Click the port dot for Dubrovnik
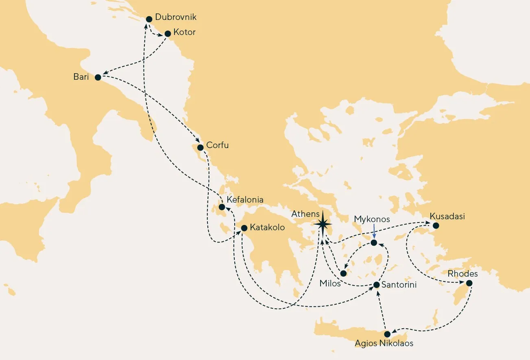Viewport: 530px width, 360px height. [x=149, y=19]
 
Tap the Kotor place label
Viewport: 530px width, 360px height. [x=184, y=32]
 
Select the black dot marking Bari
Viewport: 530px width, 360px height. [x=98, y=77]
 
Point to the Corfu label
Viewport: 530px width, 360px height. [x=217, y=145]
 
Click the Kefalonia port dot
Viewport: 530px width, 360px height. [x=222, y=207]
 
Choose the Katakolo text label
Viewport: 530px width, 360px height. [x=267, y=227]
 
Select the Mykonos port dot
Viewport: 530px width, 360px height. [x=374, y=243]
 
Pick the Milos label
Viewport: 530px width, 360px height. [x=330, y=284]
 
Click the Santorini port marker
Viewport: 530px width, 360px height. [x=377, y=285]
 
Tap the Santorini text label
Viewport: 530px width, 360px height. [x=399, y=285]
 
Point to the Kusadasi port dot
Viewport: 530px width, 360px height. [x=436, y=225]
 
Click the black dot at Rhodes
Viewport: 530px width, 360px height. [x=469, y=283]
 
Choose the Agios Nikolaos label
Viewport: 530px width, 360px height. [x=384, y=343]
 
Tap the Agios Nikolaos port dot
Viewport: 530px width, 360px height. [x=387, y=334]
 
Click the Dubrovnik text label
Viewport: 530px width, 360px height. [x=176, y=17]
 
